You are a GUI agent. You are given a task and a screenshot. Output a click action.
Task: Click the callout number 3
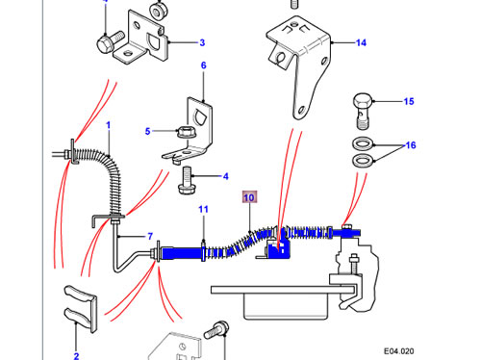[x=202, y=42]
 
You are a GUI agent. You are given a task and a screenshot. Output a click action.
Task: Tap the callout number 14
[x=361, y=42]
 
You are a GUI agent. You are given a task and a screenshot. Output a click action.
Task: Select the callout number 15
[x=409, y=101]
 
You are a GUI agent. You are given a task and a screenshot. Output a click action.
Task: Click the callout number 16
[x=411, y=145]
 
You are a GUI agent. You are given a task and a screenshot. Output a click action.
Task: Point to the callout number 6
[x=204, y=65]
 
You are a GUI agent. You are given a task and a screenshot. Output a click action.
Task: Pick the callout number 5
[x=147, y=131]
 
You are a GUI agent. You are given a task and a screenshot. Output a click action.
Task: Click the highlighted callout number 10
[x=249, y=197]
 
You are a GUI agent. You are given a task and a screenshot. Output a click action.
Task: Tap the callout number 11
[x=203, y=210]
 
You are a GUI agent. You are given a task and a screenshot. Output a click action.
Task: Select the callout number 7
[x=150, y=237]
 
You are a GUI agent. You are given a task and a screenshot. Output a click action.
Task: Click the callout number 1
[x=109, y=125]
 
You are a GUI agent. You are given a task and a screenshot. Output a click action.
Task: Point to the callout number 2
[x=76, y=356]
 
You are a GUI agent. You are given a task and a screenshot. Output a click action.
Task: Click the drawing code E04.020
[x=399, y=351]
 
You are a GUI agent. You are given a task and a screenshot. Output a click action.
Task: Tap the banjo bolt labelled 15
[x=363, y=111]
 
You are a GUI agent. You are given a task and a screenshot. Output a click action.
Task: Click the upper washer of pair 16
[x=363, y=143]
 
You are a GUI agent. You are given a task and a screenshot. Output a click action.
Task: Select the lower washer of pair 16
[x=363, y=161]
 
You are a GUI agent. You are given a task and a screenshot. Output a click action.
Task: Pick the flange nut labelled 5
[x=186, y=132]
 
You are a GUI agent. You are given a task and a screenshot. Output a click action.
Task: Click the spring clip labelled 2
[x=81, y=308]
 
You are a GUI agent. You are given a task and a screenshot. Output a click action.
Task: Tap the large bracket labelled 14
[x=298, y=64]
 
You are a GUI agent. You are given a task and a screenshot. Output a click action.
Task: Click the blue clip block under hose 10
[x=278, y=247]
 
